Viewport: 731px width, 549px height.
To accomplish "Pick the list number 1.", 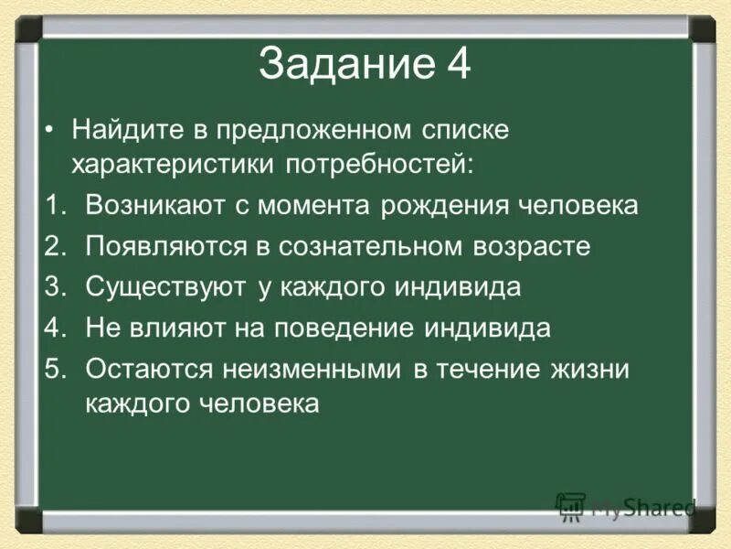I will [x=54, y=205].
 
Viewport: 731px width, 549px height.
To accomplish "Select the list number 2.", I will [x=54, y=246].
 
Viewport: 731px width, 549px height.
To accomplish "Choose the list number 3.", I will [x=54, y=287].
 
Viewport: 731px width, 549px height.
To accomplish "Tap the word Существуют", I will [x=165, y=287].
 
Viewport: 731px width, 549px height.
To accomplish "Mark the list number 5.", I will [x=54, y=370].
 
